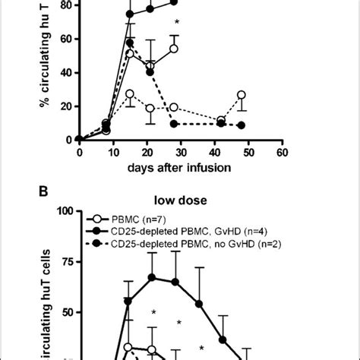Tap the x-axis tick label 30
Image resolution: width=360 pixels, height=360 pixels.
[x=180, y=152]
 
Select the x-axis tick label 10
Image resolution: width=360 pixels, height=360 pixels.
[x=113, y=152]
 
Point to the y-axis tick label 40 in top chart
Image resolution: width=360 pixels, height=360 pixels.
[x=62, y=73]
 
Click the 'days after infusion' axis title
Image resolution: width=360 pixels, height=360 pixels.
[x=180, y=166]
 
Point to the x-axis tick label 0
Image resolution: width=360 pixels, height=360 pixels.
[x=79, y=152]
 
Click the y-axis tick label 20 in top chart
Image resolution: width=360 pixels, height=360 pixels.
[x=62, y=106]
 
